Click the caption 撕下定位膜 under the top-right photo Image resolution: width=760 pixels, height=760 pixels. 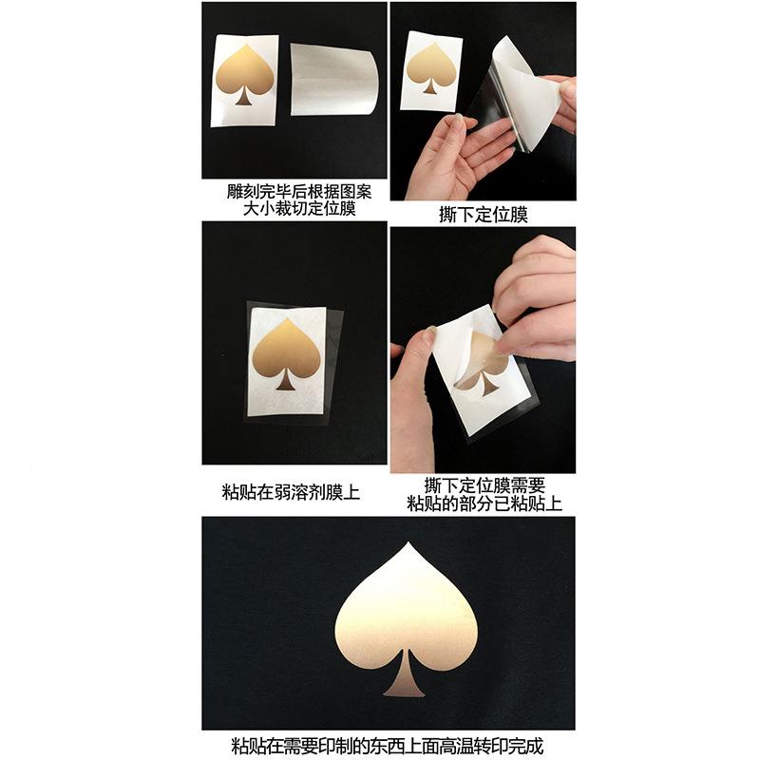(x=482, y=215)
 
